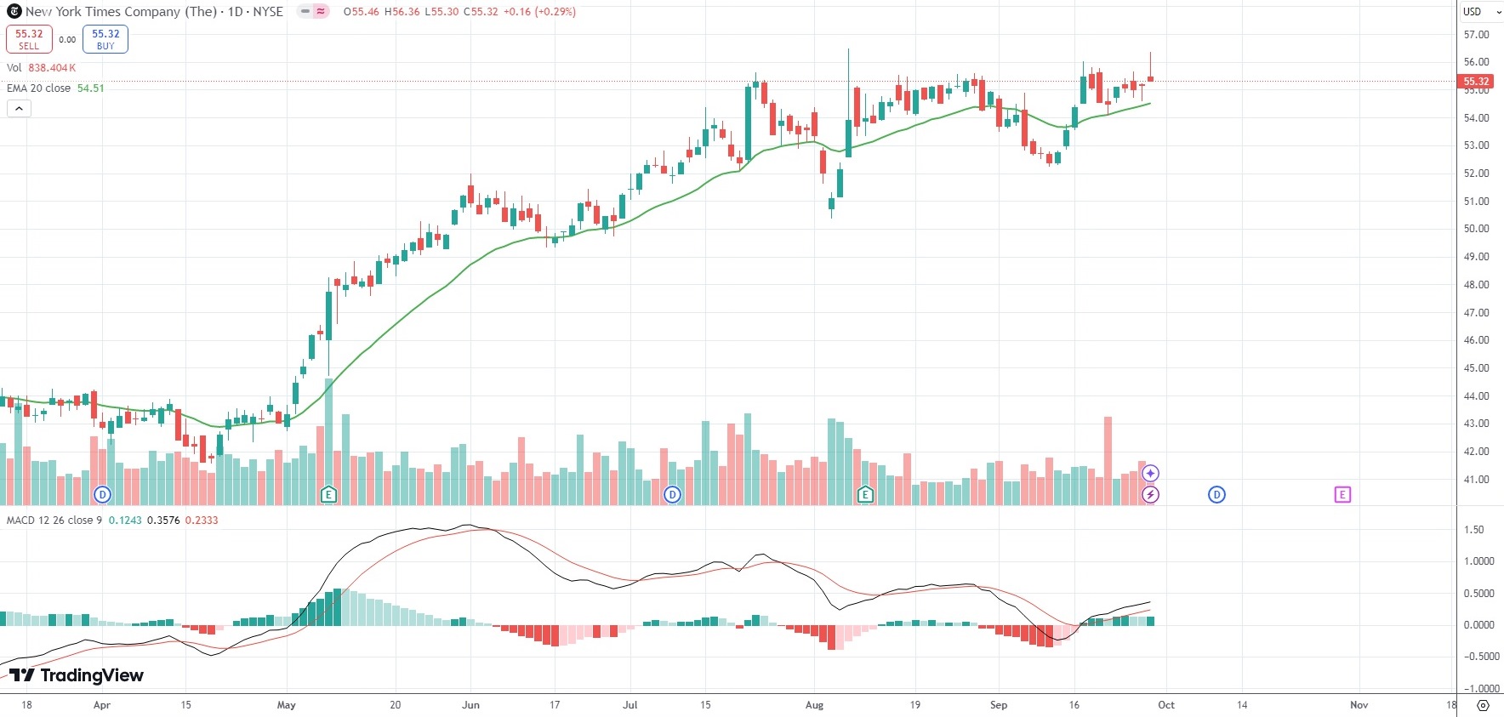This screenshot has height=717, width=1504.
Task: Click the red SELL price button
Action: click(29, 39)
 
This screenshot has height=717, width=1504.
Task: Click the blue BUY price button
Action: click(105, 39)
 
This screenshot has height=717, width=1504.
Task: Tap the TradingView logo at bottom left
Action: click(77, 675)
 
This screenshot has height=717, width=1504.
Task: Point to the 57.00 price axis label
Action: click(1476, 35)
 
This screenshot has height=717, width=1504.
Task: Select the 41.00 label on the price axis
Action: click(1476, 480)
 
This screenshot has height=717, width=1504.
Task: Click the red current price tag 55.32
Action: click(1476, 82)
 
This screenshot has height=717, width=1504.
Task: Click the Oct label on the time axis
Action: click(1166, 705)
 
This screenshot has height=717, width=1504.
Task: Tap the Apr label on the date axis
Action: click(102, 705)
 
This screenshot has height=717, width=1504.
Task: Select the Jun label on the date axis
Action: click(470, 705)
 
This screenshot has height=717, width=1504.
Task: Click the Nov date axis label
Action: click(1359, 705)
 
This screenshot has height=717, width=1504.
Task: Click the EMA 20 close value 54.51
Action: click(90, 88)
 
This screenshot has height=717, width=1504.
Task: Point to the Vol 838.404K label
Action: click(41, 68)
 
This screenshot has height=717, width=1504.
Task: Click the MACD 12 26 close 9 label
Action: click(54, 521)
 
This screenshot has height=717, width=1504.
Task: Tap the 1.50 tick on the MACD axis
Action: click(1473, 530)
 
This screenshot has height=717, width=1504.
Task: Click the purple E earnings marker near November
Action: click(1342, 495)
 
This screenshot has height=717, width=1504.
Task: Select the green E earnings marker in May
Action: click(328, 495)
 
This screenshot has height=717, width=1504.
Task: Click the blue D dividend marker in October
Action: click(1216, 495)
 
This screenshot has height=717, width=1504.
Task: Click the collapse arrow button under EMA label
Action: click(19, 109)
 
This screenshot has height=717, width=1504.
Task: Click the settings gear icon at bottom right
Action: click(1483, 705)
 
